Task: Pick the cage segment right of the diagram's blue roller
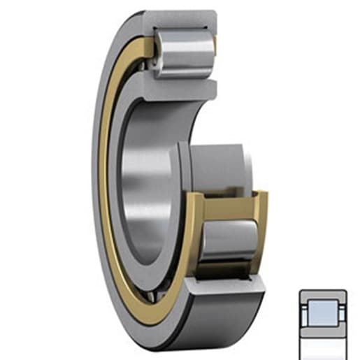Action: coord(339,310)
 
